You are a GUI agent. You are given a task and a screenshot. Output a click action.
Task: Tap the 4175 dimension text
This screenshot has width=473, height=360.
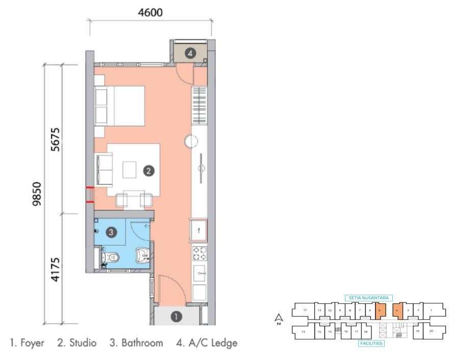56,270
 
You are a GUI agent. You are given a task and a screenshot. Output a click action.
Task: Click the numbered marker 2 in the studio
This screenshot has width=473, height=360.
148,171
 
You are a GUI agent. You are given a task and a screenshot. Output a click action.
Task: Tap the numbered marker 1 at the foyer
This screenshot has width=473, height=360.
176,317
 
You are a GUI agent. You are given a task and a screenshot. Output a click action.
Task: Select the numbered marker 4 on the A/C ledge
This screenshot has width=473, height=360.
190,53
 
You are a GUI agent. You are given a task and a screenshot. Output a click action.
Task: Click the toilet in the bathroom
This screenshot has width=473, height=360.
110,258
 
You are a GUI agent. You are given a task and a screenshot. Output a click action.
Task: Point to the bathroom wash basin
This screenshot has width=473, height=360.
142,255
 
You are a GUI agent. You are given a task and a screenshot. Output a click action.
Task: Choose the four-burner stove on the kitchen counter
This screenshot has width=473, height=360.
199,254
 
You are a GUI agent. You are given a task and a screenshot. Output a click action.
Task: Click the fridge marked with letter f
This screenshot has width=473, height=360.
198,230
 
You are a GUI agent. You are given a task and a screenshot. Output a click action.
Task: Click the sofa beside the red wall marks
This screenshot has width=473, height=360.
105,170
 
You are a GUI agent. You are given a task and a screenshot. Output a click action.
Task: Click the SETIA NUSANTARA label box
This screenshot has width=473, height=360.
369,298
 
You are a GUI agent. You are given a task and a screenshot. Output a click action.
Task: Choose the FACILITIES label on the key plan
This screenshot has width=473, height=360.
370,343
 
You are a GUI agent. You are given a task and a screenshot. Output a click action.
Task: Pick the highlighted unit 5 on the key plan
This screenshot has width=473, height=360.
380,310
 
